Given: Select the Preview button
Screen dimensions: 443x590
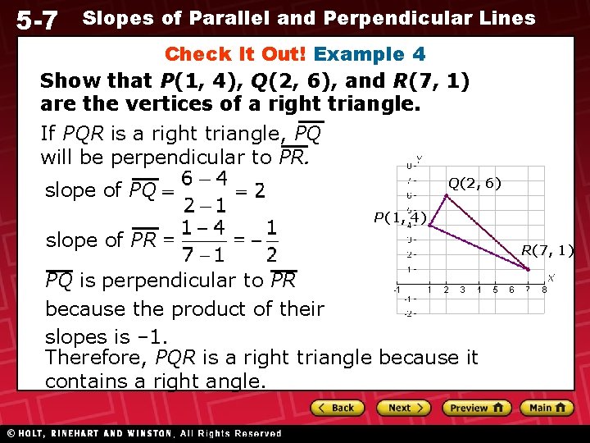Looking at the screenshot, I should [x=476, y=408].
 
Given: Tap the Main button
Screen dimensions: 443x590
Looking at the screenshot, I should [x=547, y=408].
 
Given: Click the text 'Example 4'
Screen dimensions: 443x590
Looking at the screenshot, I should [x=370, y=55].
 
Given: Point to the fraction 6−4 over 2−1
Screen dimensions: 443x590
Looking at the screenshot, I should [x=205, y=191].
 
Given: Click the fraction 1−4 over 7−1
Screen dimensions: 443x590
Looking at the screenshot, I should [x=205, y=240].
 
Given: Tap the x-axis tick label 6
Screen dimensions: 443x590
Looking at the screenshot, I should [x=512, y=290].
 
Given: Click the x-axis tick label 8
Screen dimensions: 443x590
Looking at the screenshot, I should [x=544, y=290].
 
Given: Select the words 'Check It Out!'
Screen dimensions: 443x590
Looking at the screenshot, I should [x=236, y=55].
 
